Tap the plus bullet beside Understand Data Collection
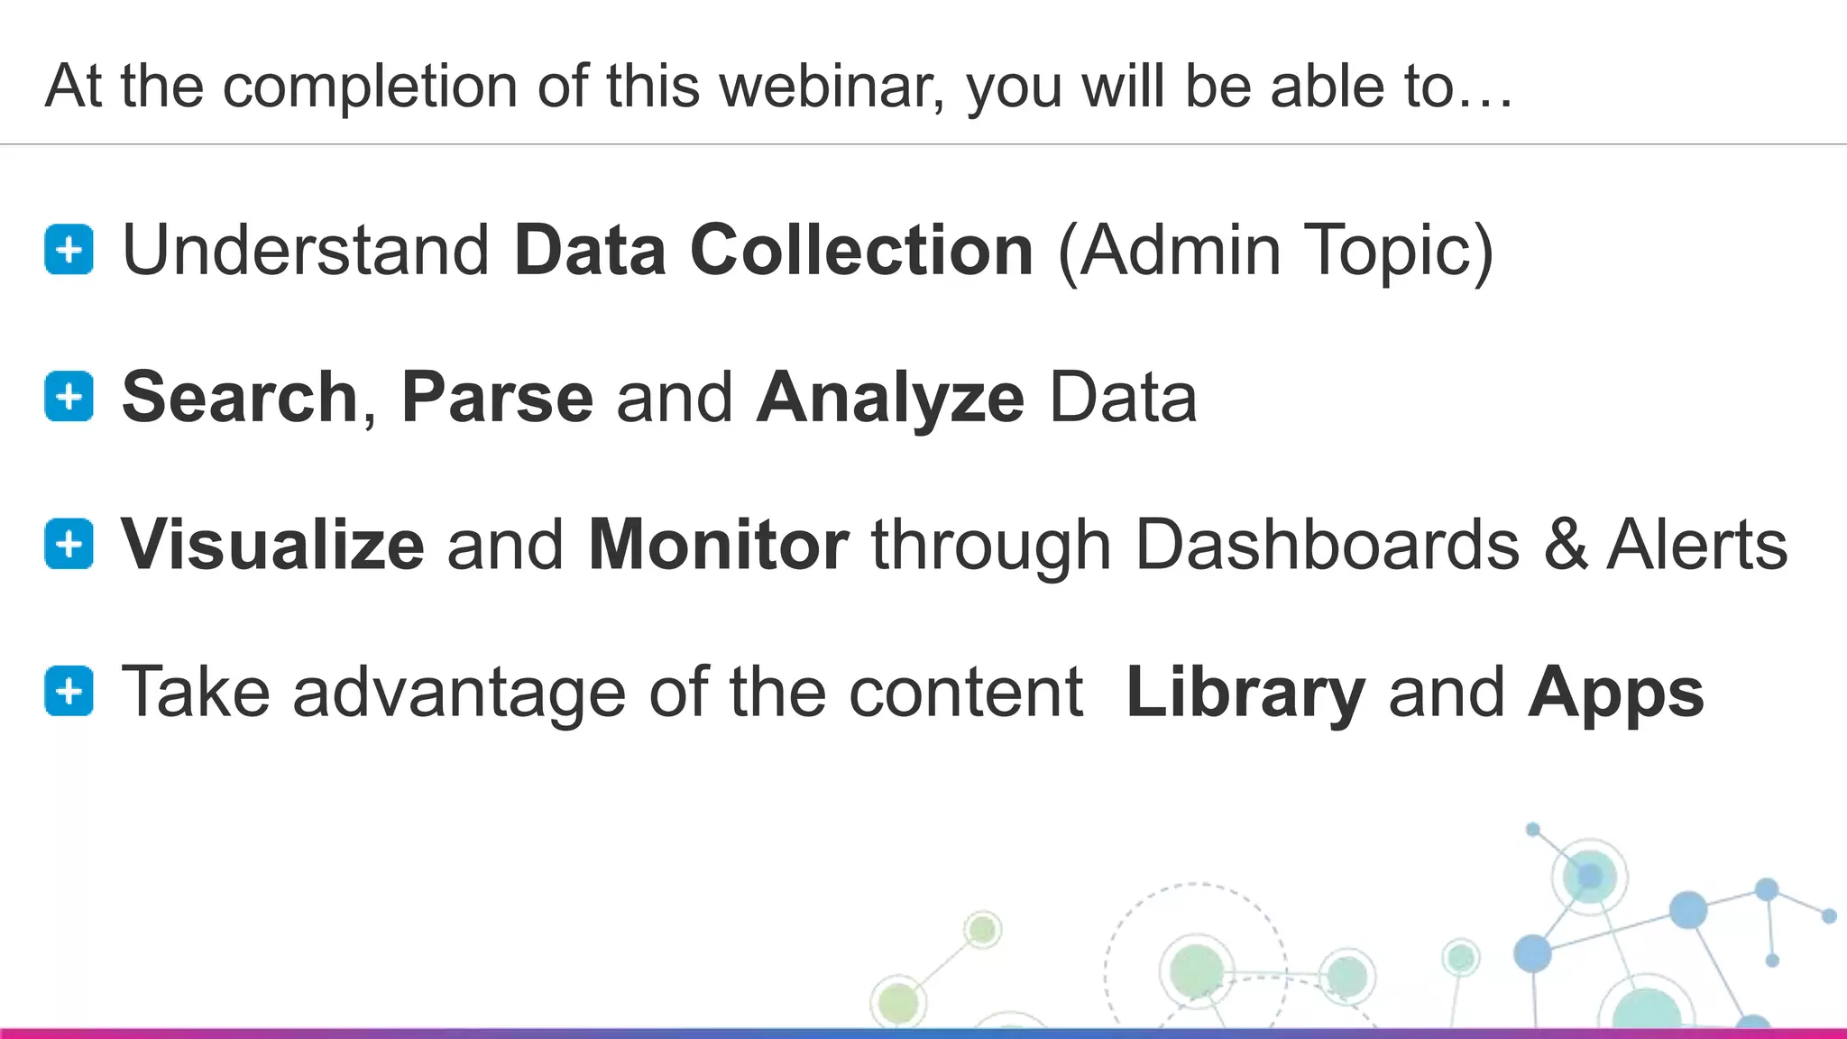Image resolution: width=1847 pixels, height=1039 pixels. (x=69, y=249)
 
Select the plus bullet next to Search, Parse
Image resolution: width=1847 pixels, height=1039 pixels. (x=69, y=397)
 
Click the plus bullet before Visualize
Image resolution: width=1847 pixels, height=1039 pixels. (x=69, y=544)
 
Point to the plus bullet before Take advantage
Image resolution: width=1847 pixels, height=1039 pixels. (x=69, y=692)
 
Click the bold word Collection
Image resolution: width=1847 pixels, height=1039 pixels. (x=861, y=250)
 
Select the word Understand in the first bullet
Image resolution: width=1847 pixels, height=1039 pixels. (x=306, y=250)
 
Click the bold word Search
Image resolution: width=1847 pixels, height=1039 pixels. (x=240, y=398)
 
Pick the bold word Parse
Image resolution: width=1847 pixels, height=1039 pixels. (x=497, y=398)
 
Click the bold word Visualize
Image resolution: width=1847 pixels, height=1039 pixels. (x=272, y=545)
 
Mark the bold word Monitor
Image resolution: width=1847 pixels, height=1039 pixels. (x=718, y=545)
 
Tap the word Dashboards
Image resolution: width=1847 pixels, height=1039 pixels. (x=1327, y=545)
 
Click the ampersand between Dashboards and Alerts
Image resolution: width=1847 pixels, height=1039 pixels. (x=1565, y=545)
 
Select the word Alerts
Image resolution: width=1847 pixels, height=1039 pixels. (x=1697, y=545)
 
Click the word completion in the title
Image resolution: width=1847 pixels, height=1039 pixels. (x=370, y=87)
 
